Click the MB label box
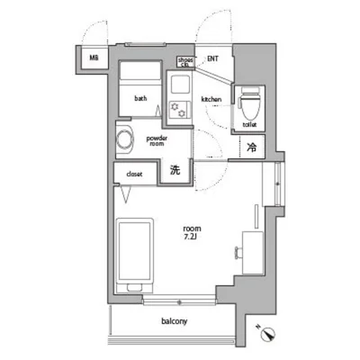94,59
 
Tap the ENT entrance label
212,59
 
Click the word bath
140,98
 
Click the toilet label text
250,124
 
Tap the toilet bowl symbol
249,101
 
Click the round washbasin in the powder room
124,140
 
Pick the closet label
134,174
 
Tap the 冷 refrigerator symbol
251,144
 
